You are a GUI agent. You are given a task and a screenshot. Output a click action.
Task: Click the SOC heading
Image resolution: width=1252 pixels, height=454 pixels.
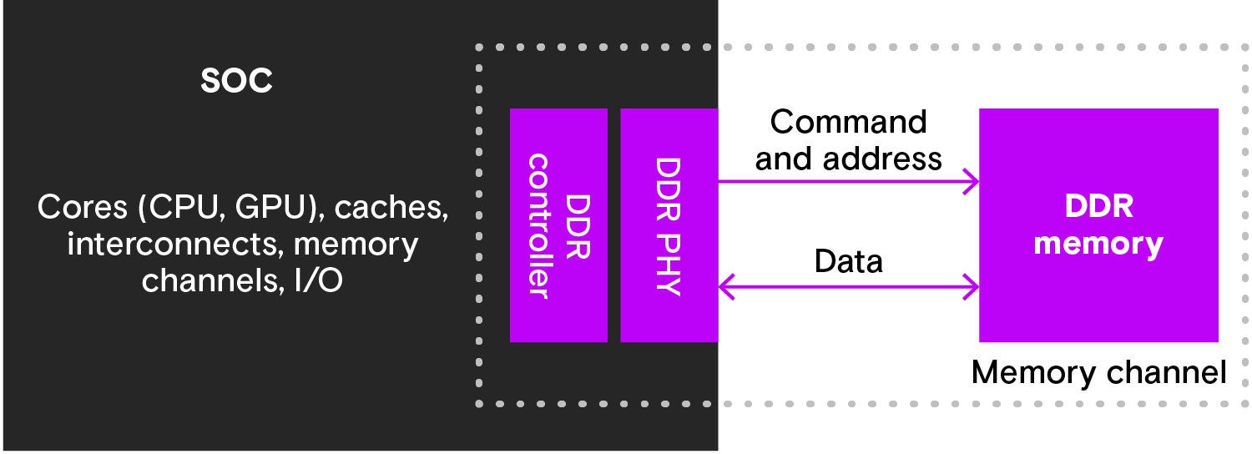(x=236, y=81)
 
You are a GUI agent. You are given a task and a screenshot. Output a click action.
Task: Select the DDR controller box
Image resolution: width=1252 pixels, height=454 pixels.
(x=558, y=225)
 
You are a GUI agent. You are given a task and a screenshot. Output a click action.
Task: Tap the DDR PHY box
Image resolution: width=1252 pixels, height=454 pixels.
(x=669, y=225)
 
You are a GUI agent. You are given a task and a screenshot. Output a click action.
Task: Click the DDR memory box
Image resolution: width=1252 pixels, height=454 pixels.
(x=1098, y=225)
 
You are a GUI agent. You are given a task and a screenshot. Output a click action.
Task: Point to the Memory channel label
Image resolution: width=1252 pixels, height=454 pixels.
(x=1098, y=372)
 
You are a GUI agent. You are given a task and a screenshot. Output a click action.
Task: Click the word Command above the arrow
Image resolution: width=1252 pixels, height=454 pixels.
(x=848, y=122)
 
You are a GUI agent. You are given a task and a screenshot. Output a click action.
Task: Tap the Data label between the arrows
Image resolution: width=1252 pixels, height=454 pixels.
(x=848, y=262)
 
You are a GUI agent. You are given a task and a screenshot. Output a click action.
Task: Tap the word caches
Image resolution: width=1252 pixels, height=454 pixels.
(x=391, y=209)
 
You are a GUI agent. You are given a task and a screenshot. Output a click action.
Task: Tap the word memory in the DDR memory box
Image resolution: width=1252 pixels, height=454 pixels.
(x=1098, y=244)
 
